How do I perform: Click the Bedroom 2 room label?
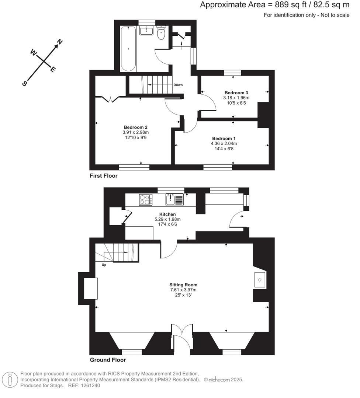[x=136, y=127]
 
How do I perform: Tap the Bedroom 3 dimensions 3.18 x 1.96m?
[x=236, y=98]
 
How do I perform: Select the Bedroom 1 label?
[x=224, y=138]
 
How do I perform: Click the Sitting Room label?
[x=183, y=285]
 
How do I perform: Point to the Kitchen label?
[x=167, y=214]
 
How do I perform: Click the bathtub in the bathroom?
[x=128, y=49]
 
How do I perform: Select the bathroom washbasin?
[x=146, y=31]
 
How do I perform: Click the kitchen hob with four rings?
[x=146, y=199]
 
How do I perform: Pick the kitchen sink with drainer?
[x=174, y=199]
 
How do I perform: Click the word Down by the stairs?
[x=178, y=85]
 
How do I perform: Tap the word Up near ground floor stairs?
[x=104, y=265]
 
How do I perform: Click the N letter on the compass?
[x=60, y=41]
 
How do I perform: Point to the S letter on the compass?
[x=25, y=83]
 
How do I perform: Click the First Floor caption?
[x=104, y=176]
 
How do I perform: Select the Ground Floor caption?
[x=108, y=360]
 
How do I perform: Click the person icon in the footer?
[x=10, y=380]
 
